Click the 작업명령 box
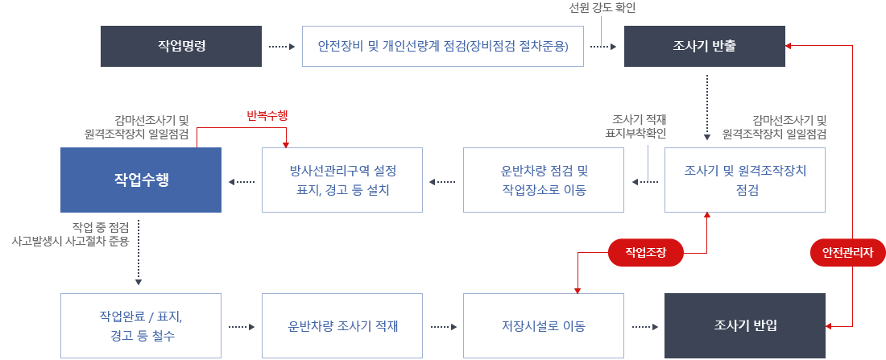180,47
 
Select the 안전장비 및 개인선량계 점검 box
443,47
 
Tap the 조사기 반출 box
703,47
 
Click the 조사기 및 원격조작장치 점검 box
744,180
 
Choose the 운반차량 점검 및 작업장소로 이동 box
543,180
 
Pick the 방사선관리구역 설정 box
342,180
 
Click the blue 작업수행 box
141,180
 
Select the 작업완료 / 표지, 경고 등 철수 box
141,325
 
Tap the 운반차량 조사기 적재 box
342,325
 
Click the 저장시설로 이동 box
543,325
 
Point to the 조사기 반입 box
744,325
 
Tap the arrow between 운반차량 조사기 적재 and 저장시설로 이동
443,326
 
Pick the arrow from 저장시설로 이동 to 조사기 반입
644,326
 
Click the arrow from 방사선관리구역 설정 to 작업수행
242,181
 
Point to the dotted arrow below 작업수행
139,250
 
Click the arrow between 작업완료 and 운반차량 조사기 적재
242,326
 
